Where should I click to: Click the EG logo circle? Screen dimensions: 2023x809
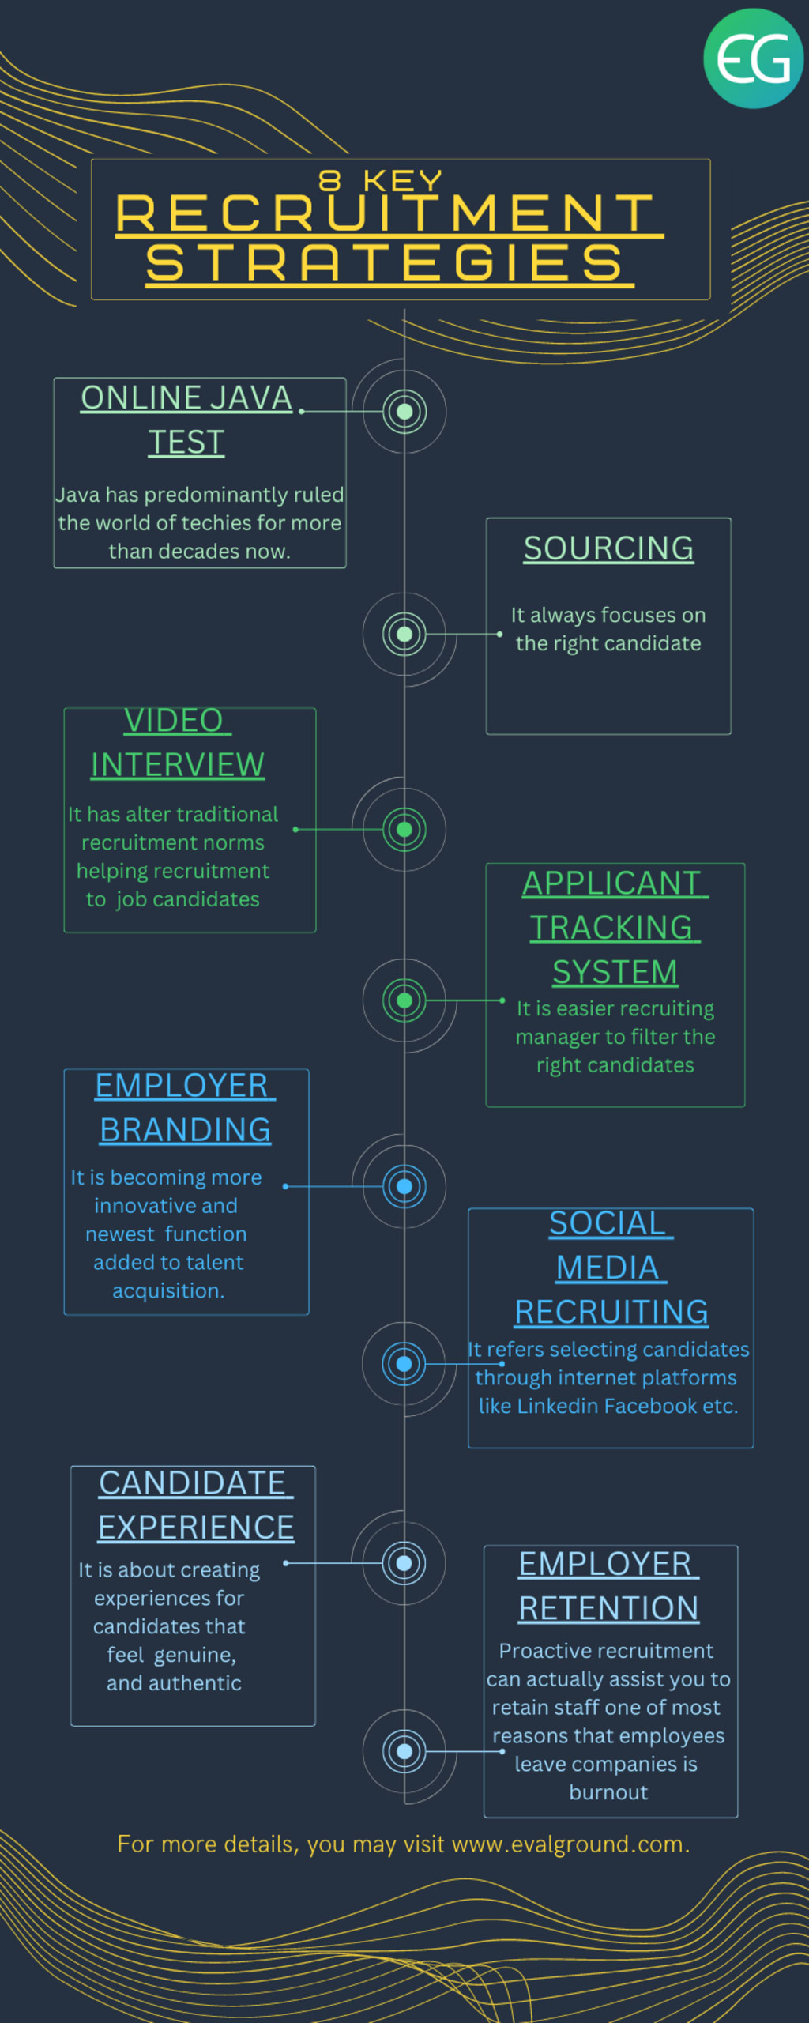tap(753, 58)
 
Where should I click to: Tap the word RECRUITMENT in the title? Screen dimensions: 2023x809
tap(387, 213)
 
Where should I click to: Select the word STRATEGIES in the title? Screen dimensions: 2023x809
tap(387, 263)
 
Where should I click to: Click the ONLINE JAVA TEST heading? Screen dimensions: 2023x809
tap(187, 420)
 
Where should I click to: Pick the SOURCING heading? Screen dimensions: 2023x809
tap(608, 548)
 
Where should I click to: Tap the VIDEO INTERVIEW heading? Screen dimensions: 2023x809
tap(178, 743)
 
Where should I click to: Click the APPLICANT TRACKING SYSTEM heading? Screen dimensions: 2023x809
tap(615, 928)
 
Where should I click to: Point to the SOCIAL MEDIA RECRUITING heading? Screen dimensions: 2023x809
tap(611, 1268)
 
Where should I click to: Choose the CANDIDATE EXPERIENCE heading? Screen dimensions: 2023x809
tap(196, 1505)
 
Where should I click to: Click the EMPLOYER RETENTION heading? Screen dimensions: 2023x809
tap(608, 1586)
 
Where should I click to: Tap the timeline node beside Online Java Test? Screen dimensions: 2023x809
tap(404, 411)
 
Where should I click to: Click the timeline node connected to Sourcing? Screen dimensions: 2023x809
tap(404, 634)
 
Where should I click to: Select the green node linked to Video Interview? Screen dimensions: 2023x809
tap(404, 829)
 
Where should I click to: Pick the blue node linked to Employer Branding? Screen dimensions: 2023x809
tap(404, 1186)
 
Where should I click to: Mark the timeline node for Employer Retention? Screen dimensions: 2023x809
tap(404, 1751)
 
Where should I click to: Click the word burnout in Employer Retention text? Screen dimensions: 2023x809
tap(608, 1792)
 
